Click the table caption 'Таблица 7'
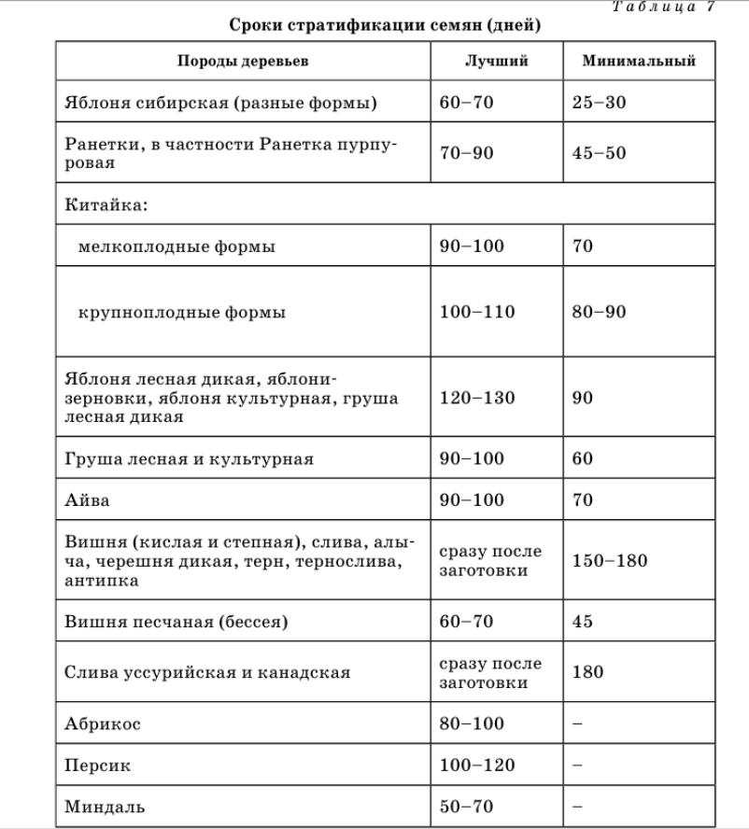coord(663,7)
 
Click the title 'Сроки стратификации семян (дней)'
coord(385,25)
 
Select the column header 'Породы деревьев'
coord(243,61)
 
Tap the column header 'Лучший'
coord(496,61)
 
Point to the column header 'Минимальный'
coord(639,61)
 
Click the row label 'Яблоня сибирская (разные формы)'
coord(220,103)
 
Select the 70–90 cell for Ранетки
coord(466,153)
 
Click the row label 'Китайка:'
coord(106,204)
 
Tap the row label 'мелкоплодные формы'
coord(177,246)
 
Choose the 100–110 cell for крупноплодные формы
coord(476,312)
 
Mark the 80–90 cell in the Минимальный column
coord(599,312)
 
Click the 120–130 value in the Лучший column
coord(476,398)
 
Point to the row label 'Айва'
coord(87,500)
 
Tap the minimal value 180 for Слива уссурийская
coord(587,672)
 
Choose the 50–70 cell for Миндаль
coord(466,807)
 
